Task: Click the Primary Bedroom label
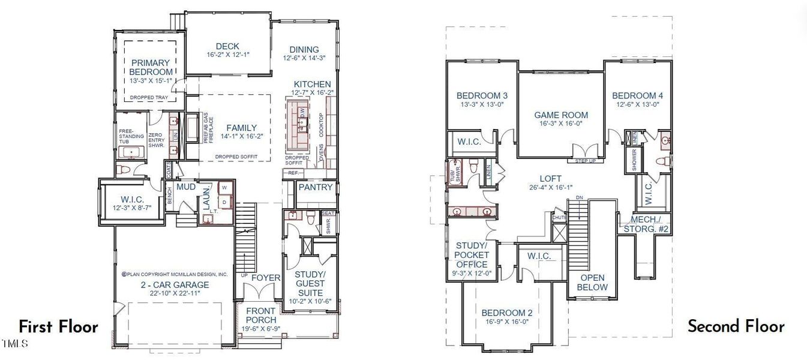tap(150, 67)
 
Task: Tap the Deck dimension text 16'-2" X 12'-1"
tap(227, 55)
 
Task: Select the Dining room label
tap(304, 49)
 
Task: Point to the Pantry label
tap(315, 187)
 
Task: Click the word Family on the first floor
tap(241, 128)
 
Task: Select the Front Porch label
tap(260, 315)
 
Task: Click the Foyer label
tap(265, 278)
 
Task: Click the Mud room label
tap(186, 187)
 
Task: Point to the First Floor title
tap(58, 327)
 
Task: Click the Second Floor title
tap(736, 326)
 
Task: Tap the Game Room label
tap(561, 115)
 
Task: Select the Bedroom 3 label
tap(482, 95)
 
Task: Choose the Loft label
tap(550, 179)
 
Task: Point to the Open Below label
tap(592, 283)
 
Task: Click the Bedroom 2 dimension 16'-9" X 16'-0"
tap(508, 322)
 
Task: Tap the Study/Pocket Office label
tap(472, 255)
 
